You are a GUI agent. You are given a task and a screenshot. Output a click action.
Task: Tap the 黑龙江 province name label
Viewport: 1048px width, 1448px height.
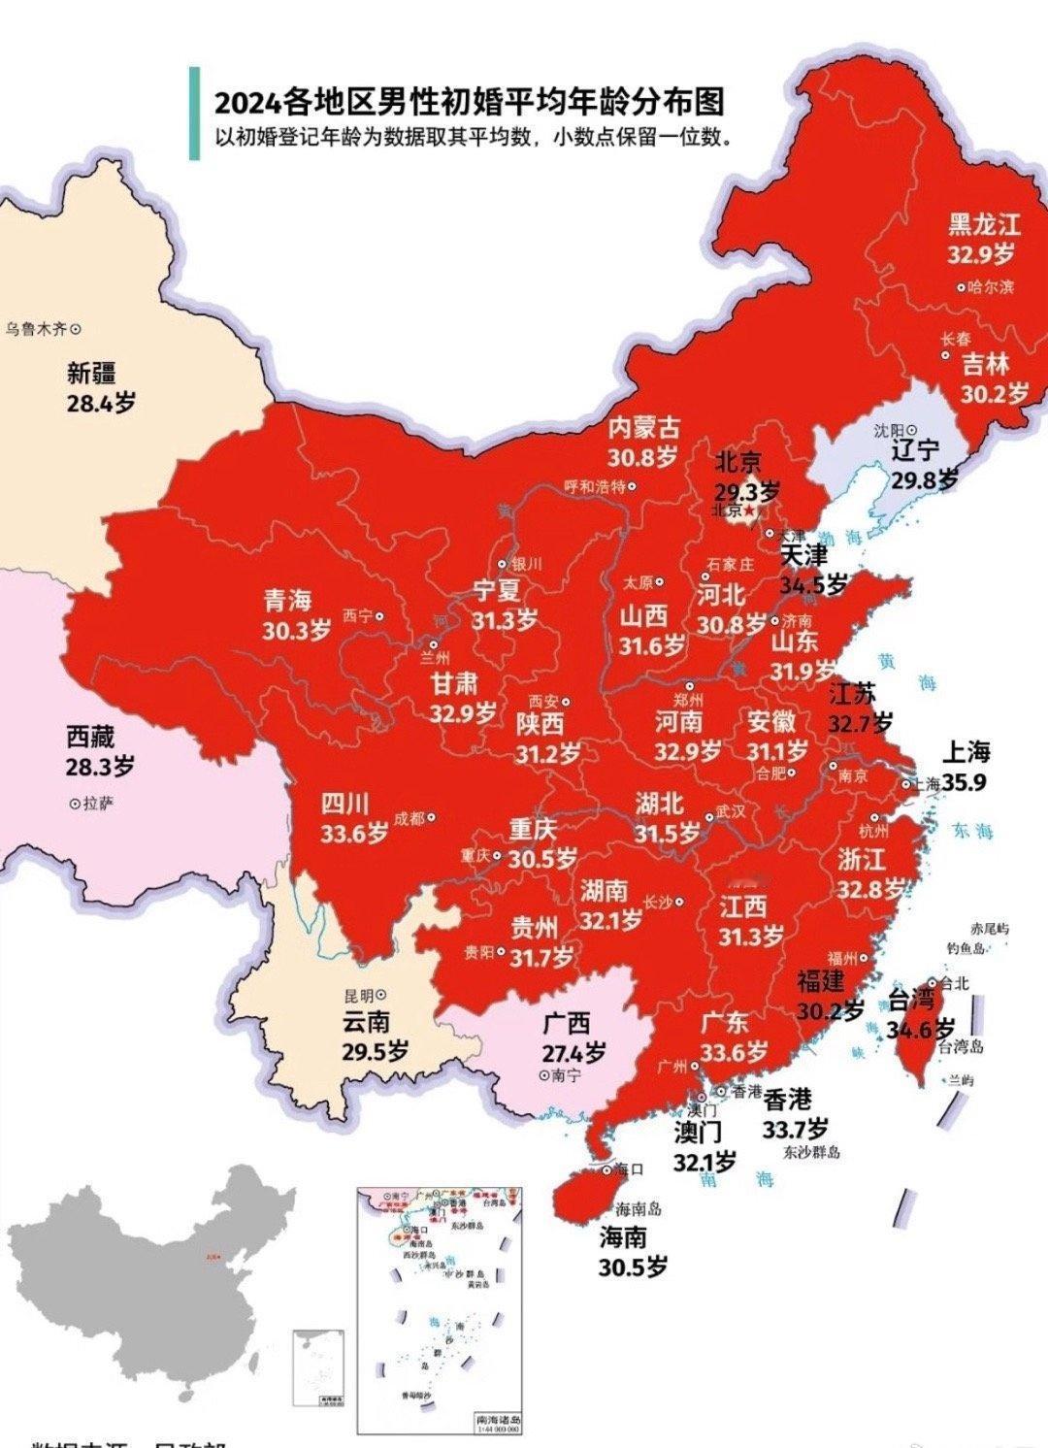pos(984,225)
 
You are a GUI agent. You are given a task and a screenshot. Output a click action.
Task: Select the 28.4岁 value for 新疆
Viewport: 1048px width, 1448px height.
pos(101,403)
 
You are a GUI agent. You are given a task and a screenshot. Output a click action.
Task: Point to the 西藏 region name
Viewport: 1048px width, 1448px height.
pos(90,737)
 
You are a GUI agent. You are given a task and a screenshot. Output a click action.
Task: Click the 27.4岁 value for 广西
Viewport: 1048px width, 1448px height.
pos(573,1052)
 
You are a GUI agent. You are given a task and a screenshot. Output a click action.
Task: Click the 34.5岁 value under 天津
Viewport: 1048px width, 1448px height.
pos(813,585)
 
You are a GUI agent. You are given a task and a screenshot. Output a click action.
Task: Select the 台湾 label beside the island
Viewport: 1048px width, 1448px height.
pos(912,999)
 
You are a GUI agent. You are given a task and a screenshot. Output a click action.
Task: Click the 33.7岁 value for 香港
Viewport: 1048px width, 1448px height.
pos(795,1129)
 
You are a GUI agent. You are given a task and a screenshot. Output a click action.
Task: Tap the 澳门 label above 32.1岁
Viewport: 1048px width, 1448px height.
pos(699,1132)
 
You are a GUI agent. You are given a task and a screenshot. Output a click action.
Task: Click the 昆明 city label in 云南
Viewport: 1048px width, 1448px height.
pos(358,995)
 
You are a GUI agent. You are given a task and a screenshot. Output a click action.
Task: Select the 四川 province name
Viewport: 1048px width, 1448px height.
pos(345,804)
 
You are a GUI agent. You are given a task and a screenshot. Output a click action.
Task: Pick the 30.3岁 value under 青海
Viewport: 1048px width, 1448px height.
pos(296,630)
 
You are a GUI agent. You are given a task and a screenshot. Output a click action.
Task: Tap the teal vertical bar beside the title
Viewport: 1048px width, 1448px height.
pos(194,114)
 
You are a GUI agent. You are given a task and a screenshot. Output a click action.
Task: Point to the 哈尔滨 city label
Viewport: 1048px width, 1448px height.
pos(991,287)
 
